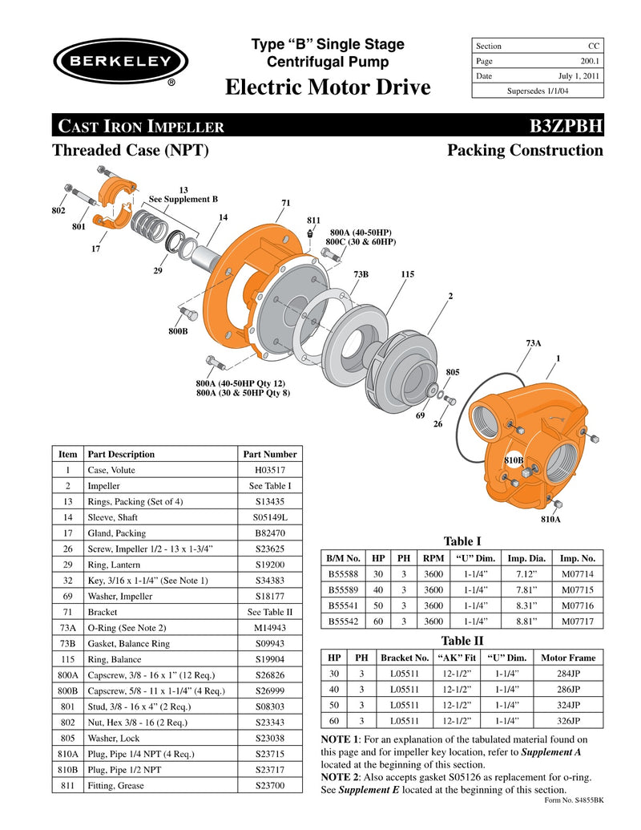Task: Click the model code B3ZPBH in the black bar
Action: pyautogui.click(x=561, y=126)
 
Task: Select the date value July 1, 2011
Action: pyautogui.click(x=576, y=76)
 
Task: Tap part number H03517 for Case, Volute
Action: pyautogui.click(x=270, y=470)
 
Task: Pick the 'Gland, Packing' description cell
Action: pyautogui.click(x=117, y=533)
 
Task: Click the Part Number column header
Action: pyautogui.click(x=270, y=454)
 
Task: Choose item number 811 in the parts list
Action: pyautogui.click(x=68, y=786)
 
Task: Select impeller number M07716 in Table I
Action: pyautogui.click(x=577, y=605)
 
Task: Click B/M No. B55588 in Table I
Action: pyautogui.click(x=344, y=573)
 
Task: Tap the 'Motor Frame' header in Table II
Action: pyautogui.click(x=567, y=658)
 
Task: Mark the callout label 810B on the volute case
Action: pyautogui.click(x=514, y=460)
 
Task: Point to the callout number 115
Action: pyautogui.click(x=407, y=274)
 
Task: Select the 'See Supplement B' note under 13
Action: pyautogui.click(x=183, y=199)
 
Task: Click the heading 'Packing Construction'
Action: pyautogui.click(x=525, y=151)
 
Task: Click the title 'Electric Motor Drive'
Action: pyautogui.click(x=328, y=87)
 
